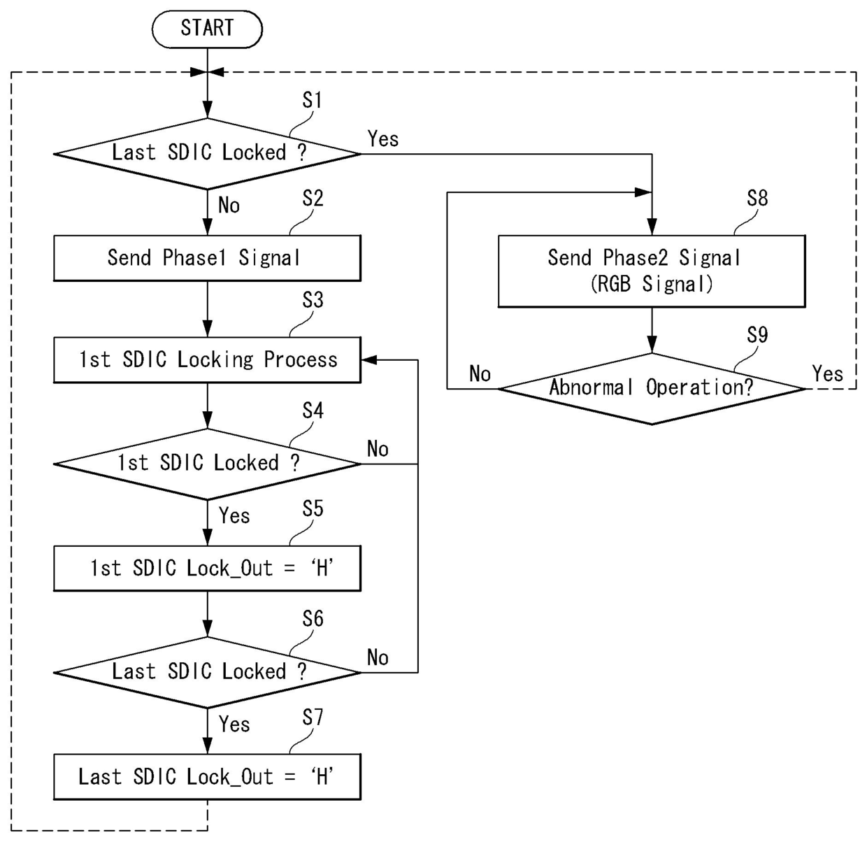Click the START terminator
207,29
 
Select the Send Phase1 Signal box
207,258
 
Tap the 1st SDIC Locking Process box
207,360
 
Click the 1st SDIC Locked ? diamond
207,464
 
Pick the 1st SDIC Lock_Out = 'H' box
207,568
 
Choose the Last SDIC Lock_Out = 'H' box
207,776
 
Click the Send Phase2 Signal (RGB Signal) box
652,271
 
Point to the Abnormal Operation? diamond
652,388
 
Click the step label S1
312,101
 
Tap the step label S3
313,301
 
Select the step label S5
313,509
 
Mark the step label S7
313,718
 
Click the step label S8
757,199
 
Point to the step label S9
757,336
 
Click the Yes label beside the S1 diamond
383,139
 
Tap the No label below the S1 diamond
229,206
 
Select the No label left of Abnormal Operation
480,374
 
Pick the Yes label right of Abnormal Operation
827,373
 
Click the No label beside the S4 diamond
378,449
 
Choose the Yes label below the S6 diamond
234,725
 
